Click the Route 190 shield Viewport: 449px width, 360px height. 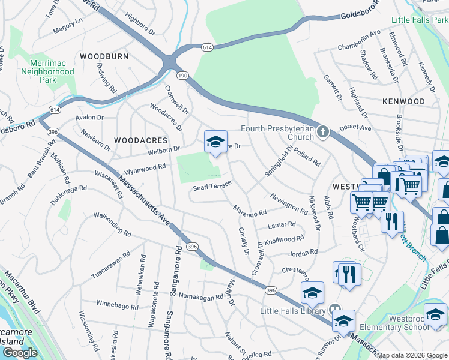tap(182, 75)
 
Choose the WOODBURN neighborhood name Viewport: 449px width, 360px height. tap(104, 56)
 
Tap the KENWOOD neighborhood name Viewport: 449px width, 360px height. tap(403, 101)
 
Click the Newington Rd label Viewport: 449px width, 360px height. tap(289, 203)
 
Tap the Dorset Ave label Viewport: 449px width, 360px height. tap(355, 128)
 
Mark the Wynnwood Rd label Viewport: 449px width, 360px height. tap(145, 168)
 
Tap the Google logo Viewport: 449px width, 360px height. tap(20, 352)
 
